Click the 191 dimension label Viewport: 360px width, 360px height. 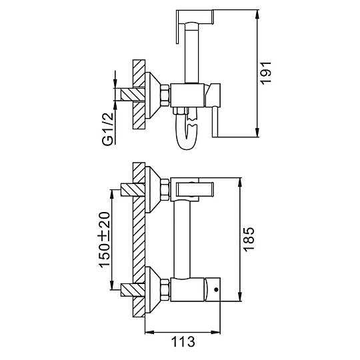(266, 73)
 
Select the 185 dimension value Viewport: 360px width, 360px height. (249, 239)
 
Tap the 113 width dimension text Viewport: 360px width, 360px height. (183, 341)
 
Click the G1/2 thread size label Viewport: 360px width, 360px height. (108, 129)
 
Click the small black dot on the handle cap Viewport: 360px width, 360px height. (216, 289)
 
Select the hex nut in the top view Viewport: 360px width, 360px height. (165, 95)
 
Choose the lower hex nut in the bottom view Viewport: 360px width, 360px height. (165, 290)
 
